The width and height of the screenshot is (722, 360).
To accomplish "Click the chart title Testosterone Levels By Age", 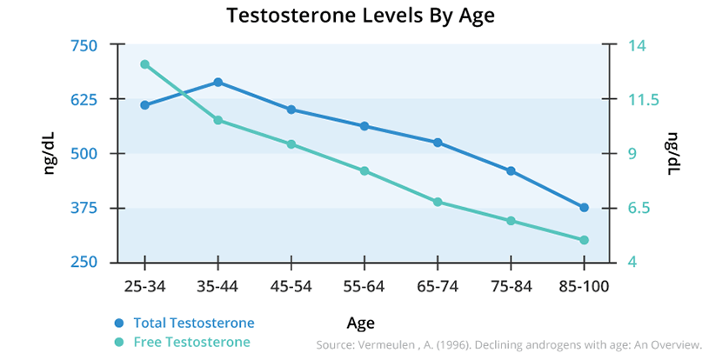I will point(360,16).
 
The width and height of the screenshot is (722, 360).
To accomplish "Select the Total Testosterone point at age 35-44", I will point(217,82).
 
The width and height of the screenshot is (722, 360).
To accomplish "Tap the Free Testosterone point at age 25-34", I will point(144,64).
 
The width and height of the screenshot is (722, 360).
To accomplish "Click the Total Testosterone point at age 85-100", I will point(584,207).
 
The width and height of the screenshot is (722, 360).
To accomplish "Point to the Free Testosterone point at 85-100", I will point(584,240).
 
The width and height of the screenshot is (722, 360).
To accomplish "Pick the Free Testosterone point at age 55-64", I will point(364,170).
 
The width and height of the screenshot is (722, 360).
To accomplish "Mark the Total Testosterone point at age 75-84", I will point(511,170).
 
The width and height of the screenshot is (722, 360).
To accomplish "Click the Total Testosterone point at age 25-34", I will point(144,105).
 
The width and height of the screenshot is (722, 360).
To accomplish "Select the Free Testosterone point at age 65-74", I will point(438,202).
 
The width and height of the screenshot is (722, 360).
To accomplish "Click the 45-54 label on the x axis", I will point(291,285).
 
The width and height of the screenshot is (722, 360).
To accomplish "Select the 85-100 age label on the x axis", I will point(584,285).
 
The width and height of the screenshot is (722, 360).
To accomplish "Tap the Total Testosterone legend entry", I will point(194,323).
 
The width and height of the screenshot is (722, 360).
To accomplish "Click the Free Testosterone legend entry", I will point(191,342).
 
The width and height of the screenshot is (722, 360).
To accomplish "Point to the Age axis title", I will point(360,323).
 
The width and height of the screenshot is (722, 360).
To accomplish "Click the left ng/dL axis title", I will point(50,153).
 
